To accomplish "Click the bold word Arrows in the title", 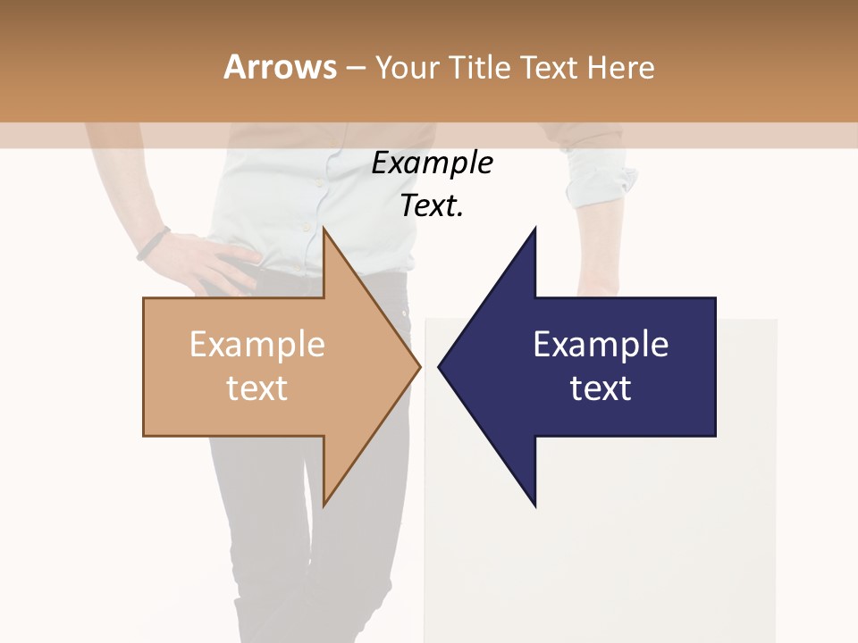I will [280, 67].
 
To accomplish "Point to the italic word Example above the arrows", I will [432, 163].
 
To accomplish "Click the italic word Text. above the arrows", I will [432, 206].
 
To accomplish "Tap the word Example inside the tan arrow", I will [257, 345].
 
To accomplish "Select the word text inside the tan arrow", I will [257, 388].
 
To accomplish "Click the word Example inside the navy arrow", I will [601, 345].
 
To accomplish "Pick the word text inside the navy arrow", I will [601, 388].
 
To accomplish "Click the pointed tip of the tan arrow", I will [419, 366].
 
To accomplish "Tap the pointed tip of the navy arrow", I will [439, 366].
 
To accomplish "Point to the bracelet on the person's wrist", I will [154, 243].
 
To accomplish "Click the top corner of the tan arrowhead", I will [324, 229].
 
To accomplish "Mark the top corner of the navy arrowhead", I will [534, 229].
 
